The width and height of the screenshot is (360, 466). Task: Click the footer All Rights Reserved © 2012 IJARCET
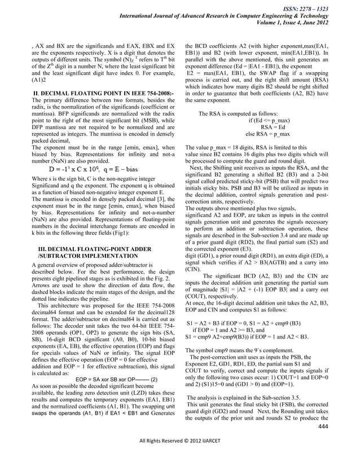click(180, 455)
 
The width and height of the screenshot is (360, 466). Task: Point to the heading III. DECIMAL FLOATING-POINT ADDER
click(94, 248)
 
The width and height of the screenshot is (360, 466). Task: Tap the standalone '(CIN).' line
click(194, 270)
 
